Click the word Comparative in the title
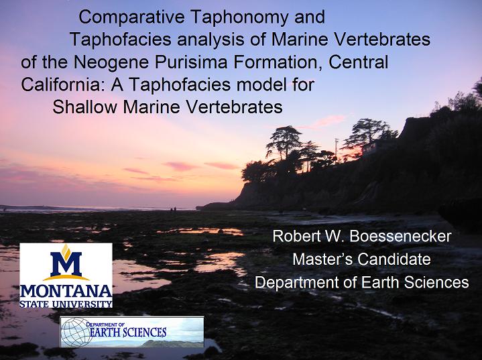click(x=131, y=17)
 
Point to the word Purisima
click(x=190, y=63)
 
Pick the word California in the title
click(x=62, y=85)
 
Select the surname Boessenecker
click(x=400, y=237)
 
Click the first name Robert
click(x=296, y=237)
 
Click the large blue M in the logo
click(x=66, y=263)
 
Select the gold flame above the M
click(x=66, y=251)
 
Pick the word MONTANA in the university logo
click(x=66, y=292)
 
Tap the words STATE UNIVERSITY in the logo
click(x=66, y=304)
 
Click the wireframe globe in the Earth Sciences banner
click(x=76, y=333)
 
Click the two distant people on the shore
click(x=174, y=210)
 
